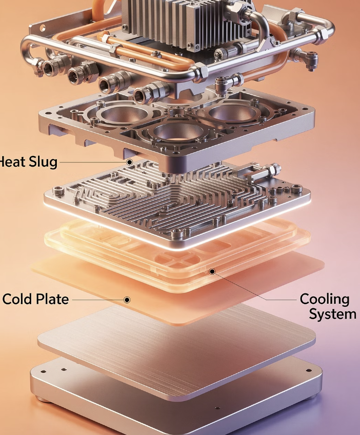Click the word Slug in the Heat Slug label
click(43, 162)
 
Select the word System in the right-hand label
click(332, 314)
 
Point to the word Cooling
click(325, 300)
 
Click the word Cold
click(18, 299)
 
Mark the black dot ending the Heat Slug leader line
click(130, 162)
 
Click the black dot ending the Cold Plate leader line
click(127, 300)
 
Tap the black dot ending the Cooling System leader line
click(212, 271)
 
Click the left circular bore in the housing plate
click(124, 114)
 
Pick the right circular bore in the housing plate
click(232, 113)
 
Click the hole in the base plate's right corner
click(309, 370)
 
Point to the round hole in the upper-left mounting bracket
click(43, 28)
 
